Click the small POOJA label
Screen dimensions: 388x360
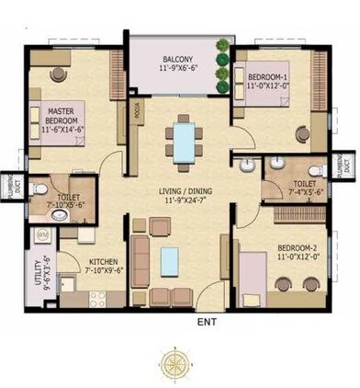136,112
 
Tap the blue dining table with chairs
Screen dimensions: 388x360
184,142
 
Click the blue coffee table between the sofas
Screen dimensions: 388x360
170,255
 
